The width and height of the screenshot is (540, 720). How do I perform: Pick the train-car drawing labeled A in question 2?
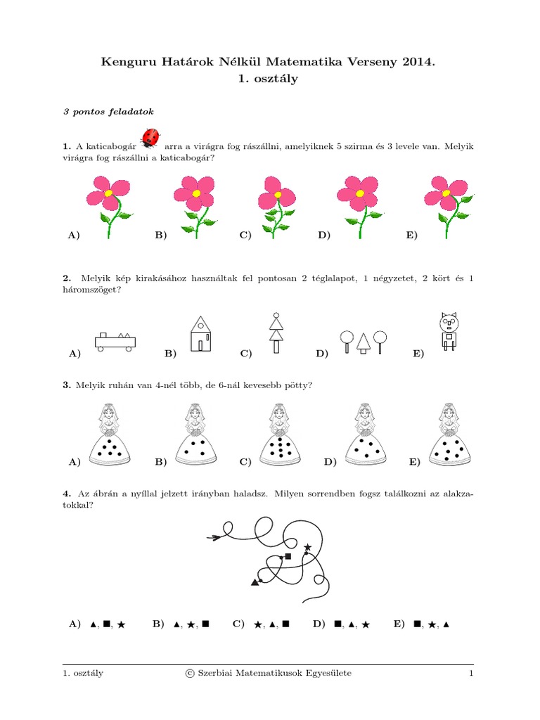(x=115, y=341)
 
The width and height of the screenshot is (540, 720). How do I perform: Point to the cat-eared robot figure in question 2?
(x=448, y=332)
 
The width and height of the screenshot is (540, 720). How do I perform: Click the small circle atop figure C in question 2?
(x=276, y=316)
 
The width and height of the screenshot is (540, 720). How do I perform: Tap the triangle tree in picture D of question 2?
(x=363, y=342)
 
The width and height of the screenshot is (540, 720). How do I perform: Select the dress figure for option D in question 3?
(x=363, y=436)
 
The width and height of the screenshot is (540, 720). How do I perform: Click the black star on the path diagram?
(x=307, y=546)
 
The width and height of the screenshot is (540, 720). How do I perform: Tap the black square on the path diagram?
(x=288, y=556)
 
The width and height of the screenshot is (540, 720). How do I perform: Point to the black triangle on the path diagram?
(x=255, y=581)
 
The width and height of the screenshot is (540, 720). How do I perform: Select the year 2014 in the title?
(x=420, y=62)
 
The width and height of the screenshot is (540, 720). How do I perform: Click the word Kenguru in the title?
(x=127, y=63)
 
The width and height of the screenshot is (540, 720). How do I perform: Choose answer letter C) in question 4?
(x=238, y=624)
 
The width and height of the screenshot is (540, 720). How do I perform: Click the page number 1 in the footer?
(x=471, y=674)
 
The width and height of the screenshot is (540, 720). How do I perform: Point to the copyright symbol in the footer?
(x=190, y=674)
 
